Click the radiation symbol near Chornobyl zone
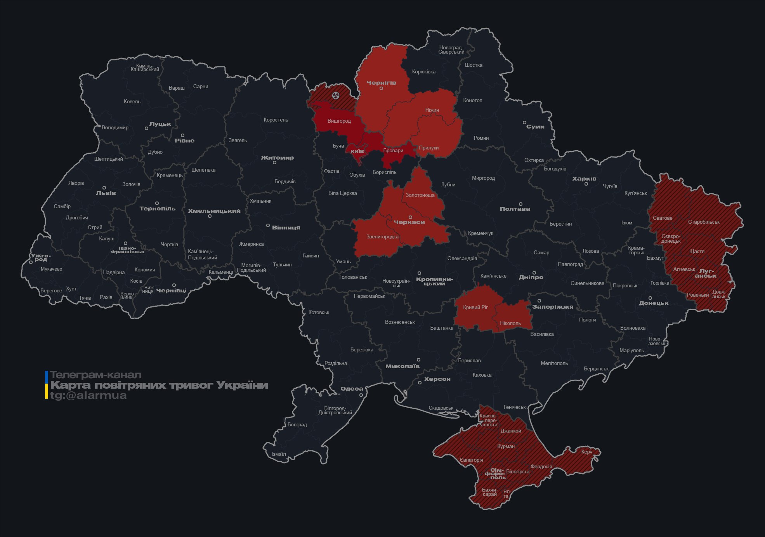pos(336,95)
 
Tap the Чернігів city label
pos(381,83)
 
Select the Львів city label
pos(106,193)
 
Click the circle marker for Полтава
pos(520,204)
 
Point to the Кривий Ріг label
pos(475,307)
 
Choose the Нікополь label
pos(510,323)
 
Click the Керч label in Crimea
pos(586,452)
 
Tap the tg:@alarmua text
pos(88,395)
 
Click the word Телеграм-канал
pos(95,375)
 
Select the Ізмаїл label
pos(278,454)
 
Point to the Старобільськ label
pos(703,222)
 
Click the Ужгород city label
pos(41,257)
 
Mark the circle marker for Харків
pos(586,184)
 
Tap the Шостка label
pos(474,65)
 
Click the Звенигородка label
pos(382,236)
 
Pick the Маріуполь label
pos(631,350)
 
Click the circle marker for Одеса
pos(361,395)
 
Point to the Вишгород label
pos(339,121)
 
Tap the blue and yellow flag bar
pos(47,385)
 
